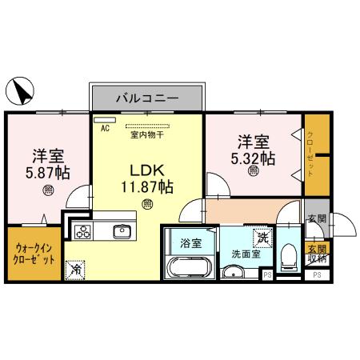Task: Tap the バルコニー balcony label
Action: pyautogui.click(x=146, y=99)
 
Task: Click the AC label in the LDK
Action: pyautogui.click(x=105, y=126)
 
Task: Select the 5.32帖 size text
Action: pyautogui.click(x=254, y=158)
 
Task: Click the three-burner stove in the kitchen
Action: pyautogui.click(x=83, y=232)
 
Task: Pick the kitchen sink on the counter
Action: pyautogui.click(x=122, y=232)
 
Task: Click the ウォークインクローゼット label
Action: pyautogui.click(x=34, y=254)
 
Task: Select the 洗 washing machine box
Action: pyautogui.click(x=262, y=238)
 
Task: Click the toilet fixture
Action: pyautogui.click(x=288, y=255)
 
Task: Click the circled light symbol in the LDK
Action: pyautogui.click(x=147, y=205)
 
